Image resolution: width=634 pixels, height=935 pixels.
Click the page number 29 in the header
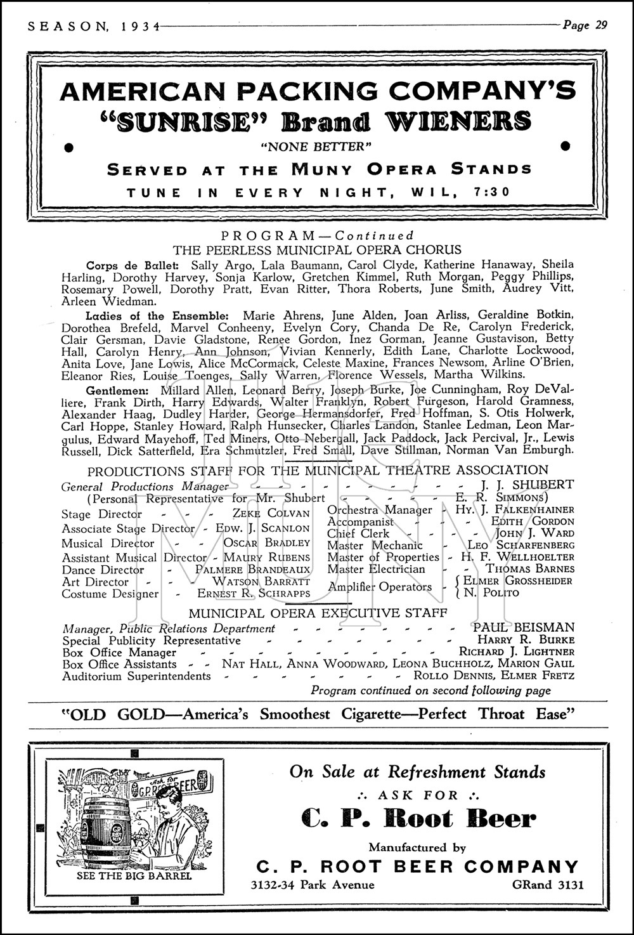pos(599,25)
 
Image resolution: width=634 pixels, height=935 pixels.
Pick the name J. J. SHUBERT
pos(535,485)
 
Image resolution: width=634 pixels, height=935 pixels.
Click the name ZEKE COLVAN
pos(271,514)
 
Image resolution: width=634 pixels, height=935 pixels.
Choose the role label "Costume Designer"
pos(110,594)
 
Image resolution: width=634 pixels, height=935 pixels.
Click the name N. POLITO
pos(491,593)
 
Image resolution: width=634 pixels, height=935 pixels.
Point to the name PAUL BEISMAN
pos(524,627)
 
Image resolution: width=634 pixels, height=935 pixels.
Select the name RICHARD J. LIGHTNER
pos(517,651)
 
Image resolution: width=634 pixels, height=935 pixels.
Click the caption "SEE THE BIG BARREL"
pos(134,876)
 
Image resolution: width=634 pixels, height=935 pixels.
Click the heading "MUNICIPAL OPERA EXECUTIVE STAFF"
pos(318,613)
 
